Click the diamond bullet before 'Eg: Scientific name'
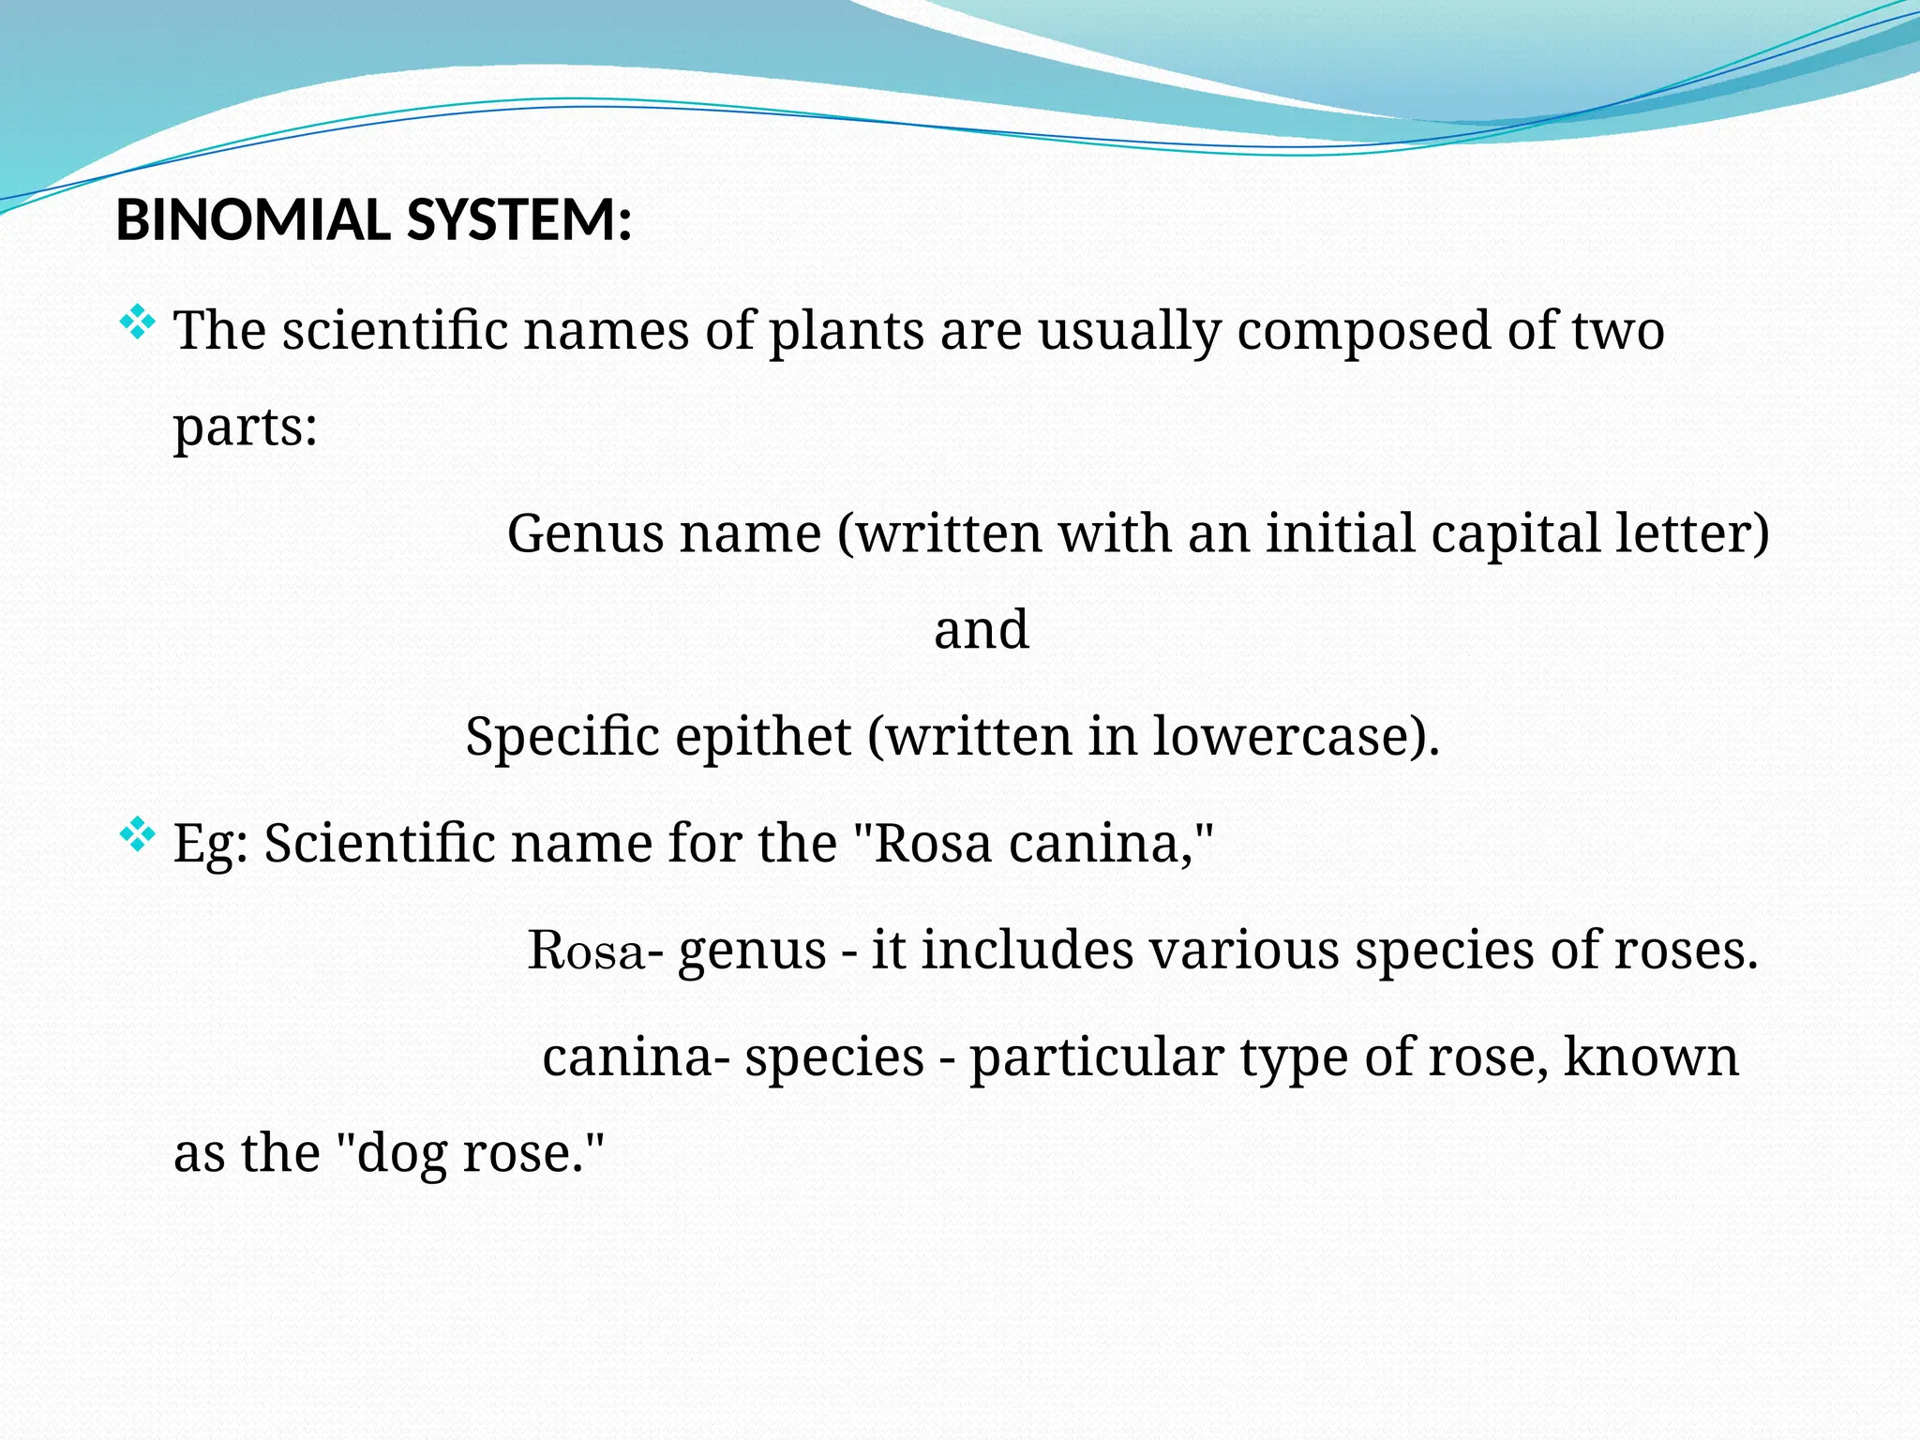coord(138,834)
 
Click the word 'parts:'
coord(246,428)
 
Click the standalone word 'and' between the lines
coord(982,630)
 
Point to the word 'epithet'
coord(763,737)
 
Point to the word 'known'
coord(1651,1058)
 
